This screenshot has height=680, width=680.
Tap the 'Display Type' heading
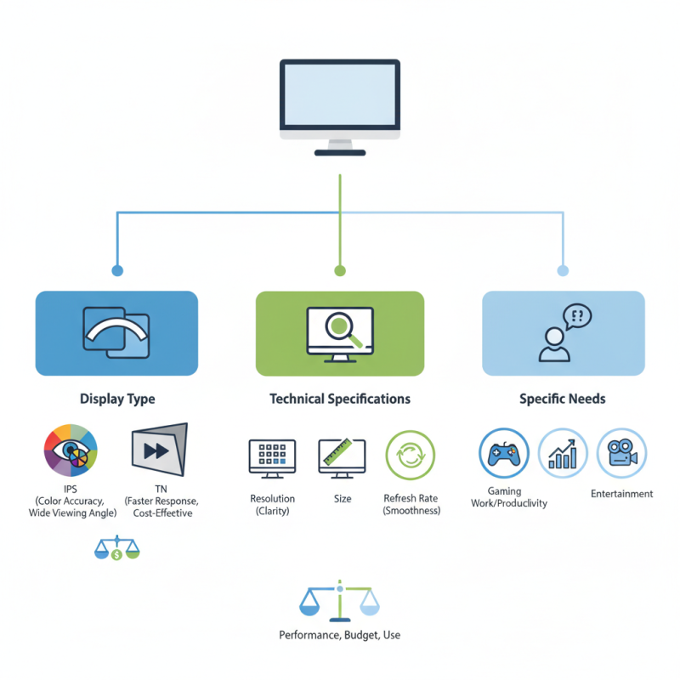coord(117,399)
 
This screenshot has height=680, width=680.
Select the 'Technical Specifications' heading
coord(340,399)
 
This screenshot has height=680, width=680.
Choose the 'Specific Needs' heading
coord(563,399)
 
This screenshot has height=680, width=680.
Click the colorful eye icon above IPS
coord(71,451)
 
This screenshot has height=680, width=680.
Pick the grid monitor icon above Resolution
coord(272,458)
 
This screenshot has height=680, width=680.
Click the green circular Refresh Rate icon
coord(411,456)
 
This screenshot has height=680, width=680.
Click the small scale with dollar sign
coord(116,548)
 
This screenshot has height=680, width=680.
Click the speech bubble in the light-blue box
coord(576,317)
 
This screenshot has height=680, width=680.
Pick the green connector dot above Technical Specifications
coord(340,271)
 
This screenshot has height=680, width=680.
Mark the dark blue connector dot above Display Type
coord(117,271)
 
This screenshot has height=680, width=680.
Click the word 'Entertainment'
coord(621,494)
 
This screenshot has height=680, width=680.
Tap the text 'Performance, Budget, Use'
coord(340,635)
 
